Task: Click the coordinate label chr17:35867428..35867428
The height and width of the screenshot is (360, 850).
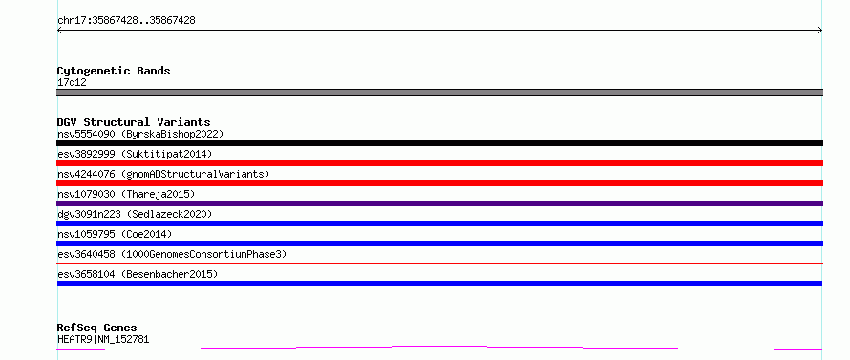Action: tap(126, 21)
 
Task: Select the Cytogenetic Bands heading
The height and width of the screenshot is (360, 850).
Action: tap(114, 71)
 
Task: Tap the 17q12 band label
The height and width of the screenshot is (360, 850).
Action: tap(72, 83)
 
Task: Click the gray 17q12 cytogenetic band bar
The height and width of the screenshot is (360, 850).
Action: tap(439, 93)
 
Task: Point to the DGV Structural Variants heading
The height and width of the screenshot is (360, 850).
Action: tap(134, 122)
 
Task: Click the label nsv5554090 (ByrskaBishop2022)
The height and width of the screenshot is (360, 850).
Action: tap(140, 134)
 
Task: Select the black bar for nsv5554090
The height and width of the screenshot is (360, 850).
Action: tap(439, 143)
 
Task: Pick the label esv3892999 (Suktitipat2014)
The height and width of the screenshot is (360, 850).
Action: tap(135, 154)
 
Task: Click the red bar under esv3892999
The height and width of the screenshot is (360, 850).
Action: tap(439, 163)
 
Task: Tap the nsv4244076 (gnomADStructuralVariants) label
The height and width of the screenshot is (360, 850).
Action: tap(163, 174)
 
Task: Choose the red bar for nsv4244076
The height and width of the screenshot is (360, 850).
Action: tap(439, 183)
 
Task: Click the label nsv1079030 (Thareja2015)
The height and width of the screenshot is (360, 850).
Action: tap(126, 194)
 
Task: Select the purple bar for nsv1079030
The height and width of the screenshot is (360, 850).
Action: tap(439, 203)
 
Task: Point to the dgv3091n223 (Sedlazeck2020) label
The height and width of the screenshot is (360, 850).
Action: tap(135, 214)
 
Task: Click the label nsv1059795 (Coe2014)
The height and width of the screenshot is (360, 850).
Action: tap(115, 234)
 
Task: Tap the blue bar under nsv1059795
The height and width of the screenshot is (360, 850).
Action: tap(439, 244)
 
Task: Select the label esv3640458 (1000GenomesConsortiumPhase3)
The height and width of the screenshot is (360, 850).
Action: tap(172, 254)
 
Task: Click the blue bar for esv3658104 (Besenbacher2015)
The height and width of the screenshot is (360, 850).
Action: tap(439, 284)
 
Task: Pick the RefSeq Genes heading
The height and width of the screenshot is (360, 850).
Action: tap(96, 328)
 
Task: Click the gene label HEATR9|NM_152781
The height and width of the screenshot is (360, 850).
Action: tap(103, 339)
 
